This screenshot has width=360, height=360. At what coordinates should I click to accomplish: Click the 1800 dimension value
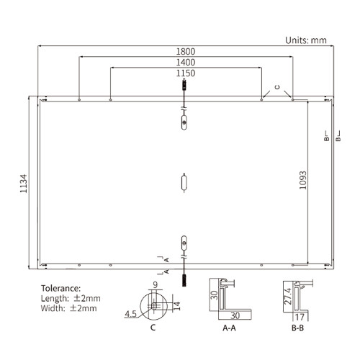(x=186, y=52)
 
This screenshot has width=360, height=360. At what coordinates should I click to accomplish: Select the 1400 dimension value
(x=186, y=63)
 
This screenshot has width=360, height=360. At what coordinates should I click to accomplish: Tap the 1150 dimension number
(x=186, y=73)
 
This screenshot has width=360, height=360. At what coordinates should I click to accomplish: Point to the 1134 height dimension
(x=24, y=184)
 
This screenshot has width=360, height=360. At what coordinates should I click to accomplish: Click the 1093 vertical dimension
(x=303, y=180)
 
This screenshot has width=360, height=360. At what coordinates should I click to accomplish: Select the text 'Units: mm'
(x=306, y=40)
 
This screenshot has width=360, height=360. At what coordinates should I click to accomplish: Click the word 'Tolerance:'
(x=61, y=288)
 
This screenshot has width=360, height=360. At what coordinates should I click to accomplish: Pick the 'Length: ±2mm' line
(x=71, y=298)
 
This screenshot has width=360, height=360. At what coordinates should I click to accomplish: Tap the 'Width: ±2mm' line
(x=69, y=308)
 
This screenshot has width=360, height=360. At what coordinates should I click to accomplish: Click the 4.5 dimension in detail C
(x=130, y=314)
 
